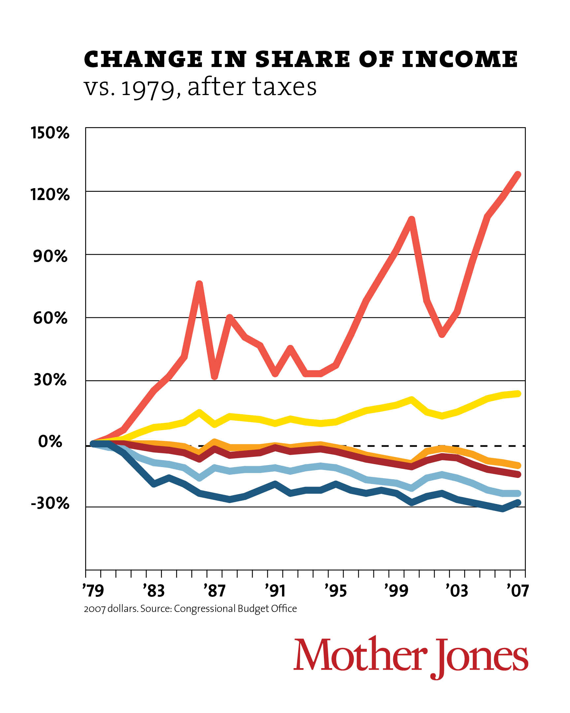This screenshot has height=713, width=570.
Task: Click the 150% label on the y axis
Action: click(x=50, y=133)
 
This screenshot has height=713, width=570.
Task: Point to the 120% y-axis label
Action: click(x=50, y=194)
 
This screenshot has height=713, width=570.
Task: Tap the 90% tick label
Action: click(x=50, y=256)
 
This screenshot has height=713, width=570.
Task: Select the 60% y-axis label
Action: click(x=50, y=318)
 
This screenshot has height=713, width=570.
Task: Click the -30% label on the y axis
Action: click(x=50, y=503)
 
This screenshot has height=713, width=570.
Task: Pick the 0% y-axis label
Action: click(x=50, y=441)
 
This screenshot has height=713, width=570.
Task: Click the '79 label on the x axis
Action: click(x=93, y=591)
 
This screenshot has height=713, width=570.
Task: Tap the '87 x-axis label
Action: click(x=214, y=591)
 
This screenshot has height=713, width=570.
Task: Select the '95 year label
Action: click(x=335, y=591)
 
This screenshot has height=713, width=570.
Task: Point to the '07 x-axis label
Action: click(x=518, y=591)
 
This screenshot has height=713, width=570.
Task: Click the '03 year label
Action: click(x=457, y=591)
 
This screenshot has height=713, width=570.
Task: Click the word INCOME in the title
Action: click(x=459, y=59)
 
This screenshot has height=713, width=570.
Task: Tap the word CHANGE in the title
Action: click(x=143, y=59)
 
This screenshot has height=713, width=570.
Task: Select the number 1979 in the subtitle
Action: click(x=148, y=87)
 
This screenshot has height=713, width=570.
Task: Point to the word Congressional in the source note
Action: click(x=205, y=608)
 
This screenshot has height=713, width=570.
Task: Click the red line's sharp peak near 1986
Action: click(x=199, y=284)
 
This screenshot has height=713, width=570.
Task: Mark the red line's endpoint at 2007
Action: click(x=518, y=174)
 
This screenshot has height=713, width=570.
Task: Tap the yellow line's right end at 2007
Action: click(x=518, y=393)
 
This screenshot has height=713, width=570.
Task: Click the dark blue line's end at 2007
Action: click(x=518, y=503)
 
